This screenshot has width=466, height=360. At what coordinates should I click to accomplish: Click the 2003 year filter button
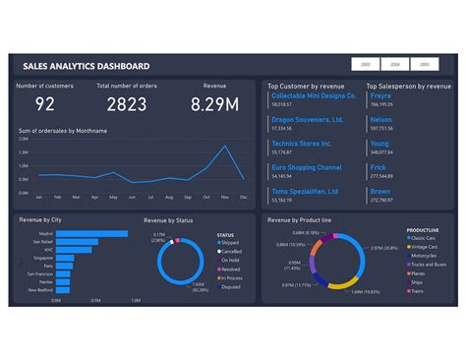(x=366, y=63)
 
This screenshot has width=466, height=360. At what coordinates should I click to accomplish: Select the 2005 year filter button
(x=425, y=63)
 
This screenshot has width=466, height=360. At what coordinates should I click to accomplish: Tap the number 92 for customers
(x=45, y=104)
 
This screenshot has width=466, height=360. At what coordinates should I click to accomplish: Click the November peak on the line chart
(x=226, y=148)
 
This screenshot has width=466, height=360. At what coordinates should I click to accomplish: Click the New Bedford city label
(x=41, y=290)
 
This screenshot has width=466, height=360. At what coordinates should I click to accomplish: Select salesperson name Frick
(x=379, y=167)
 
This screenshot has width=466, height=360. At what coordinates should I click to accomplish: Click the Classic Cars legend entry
(x=429, y=239)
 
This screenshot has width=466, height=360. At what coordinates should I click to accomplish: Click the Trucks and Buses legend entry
(x=433, y=263)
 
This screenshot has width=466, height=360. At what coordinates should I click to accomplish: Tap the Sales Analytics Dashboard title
(x=87, y=66)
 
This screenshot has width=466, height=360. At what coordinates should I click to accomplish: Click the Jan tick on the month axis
(x=39, y=198)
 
